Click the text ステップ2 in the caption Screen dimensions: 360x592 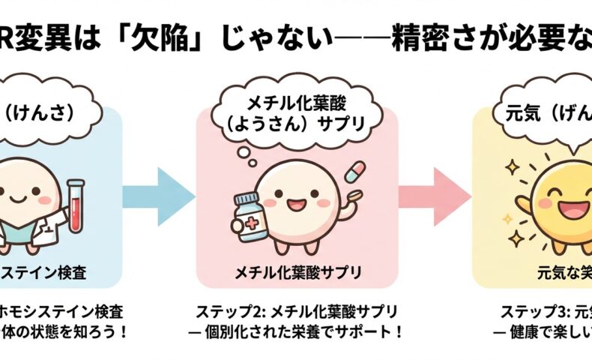pos(224,310)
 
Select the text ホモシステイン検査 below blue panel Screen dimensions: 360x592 pos(67,310)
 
